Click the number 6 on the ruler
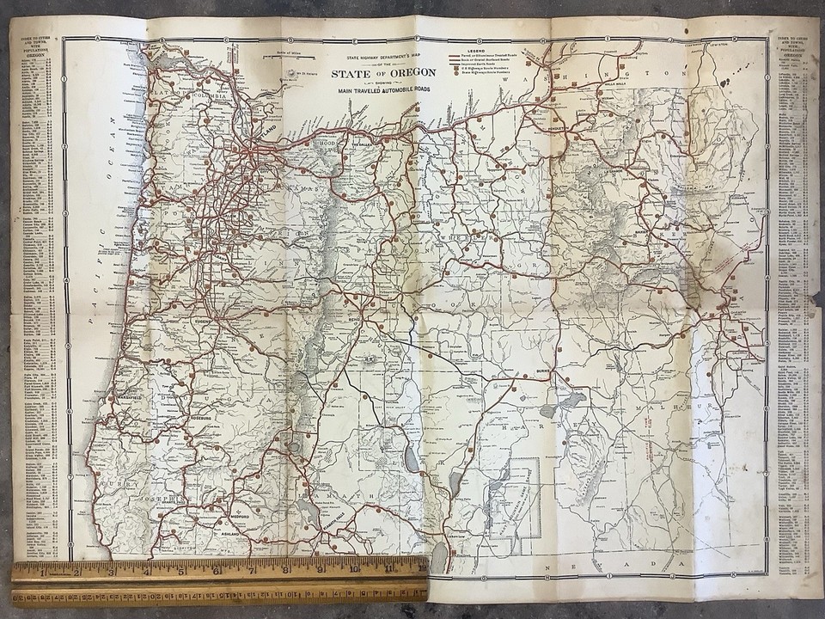216,571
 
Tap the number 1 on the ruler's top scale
43,570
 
